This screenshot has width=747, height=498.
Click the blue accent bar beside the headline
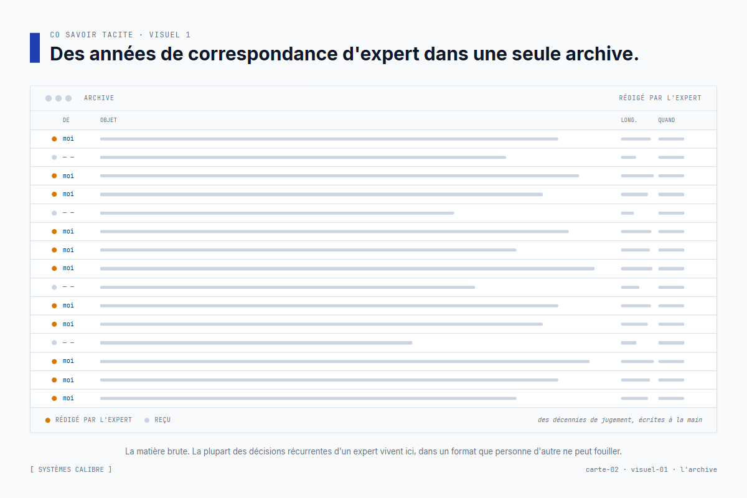35,48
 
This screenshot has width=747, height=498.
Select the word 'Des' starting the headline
67,54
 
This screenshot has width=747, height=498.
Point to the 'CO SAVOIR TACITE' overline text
92,35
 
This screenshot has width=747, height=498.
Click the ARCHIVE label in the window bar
99,98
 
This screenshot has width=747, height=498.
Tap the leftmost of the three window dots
49,98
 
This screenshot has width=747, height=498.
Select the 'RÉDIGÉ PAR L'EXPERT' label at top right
660,98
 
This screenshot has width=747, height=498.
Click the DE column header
66,120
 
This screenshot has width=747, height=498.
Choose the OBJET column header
108,120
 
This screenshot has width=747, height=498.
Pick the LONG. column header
629,120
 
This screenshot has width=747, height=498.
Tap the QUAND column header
666,120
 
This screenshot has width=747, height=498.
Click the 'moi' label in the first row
68,139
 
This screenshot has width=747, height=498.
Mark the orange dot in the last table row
54,398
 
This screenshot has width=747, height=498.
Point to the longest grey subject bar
347,268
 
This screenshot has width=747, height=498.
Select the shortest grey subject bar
256,342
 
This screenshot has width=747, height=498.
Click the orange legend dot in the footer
48,420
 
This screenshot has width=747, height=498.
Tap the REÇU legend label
162,420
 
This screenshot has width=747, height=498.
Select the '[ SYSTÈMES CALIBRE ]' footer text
71,469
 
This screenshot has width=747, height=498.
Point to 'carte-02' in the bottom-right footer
602,469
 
